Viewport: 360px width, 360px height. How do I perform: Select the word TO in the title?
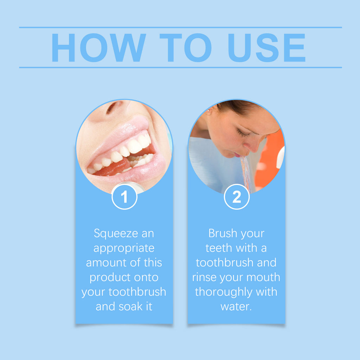pos(185,48)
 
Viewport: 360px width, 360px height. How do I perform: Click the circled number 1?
pos(124,197)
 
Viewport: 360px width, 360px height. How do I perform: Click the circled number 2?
pos(237,197)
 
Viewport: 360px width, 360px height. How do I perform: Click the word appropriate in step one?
pos(124,249)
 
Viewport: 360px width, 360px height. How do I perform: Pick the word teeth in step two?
pos(219,248)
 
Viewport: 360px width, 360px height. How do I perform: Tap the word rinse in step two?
pos(205,277)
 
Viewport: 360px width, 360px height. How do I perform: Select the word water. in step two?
pos(236,307)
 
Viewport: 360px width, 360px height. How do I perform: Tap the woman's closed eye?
pos(243,134)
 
